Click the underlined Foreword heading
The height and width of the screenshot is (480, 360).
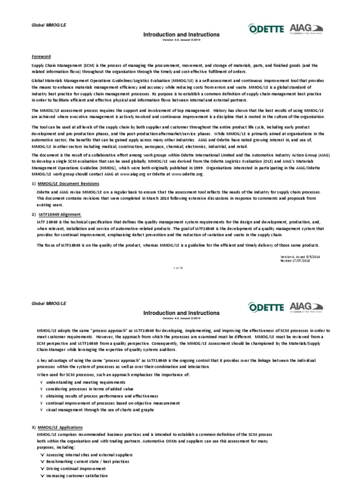[x=41, y=56]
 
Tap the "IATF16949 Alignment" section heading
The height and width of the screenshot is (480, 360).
[x=60, y=214]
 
